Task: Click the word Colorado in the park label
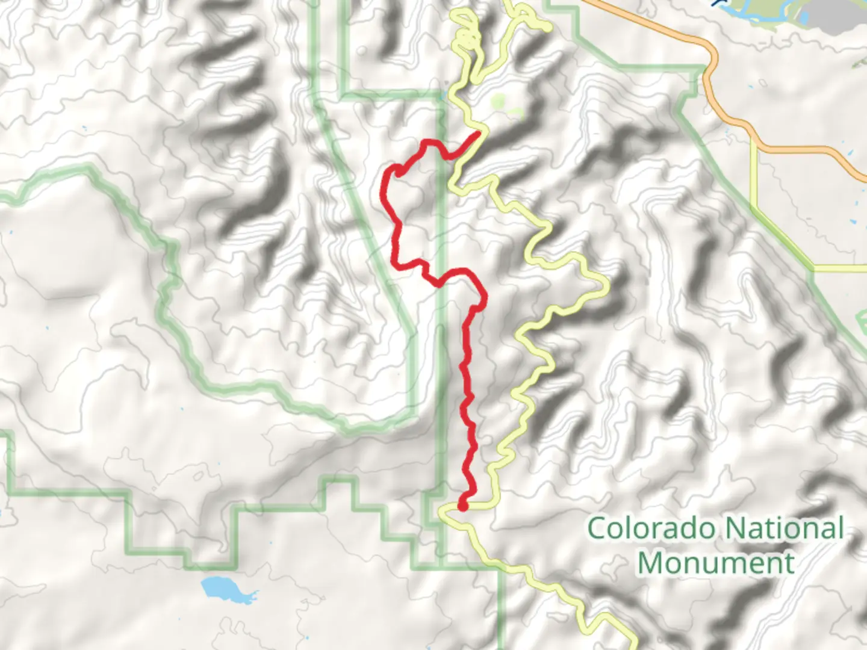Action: click(x=653, y=528)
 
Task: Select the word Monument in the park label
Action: click(x=715, y=563)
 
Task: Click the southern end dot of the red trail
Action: click(x=462, y=506)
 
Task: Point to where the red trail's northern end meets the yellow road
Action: click(x=479, y=132)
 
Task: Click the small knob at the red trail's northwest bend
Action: click(x=399, y=173)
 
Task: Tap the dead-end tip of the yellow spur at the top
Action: click(x=548, y=28)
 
